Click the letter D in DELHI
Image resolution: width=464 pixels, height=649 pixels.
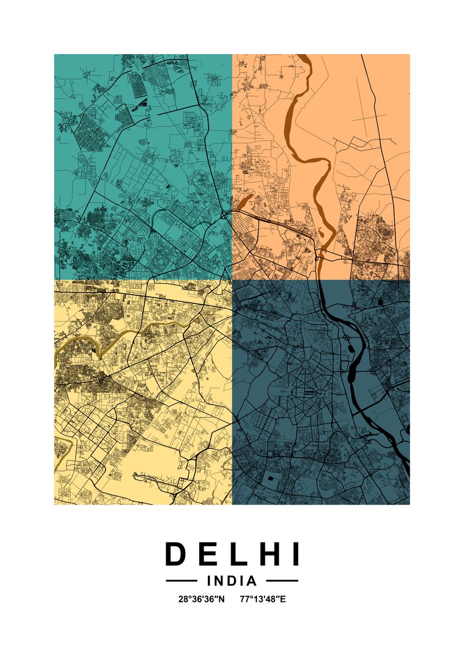click(x=176, y=554)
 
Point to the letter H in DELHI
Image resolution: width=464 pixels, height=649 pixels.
click(x=266, y=554)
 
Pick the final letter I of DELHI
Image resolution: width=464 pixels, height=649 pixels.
click(x=295, y=554)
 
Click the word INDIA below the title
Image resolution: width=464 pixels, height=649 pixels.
click(x=232, y=581)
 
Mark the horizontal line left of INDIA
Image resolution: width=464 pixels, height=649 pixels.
click(x=181, y=581)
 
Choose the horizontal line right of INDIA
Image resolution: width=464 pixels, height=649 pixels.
click(x=282, y=581)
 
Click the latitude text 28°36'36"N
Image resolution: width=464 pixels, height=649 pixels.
click(x=201, y=599)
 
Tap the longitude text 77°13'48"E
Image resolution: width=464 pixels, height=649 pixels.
click(x=263, y=599)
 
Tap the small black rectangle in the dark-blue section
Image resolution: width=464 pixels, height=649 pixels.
click(x=270, y=479)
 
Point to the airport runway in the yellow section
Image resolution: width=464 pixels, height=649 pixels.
click(x=157, y=476)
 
